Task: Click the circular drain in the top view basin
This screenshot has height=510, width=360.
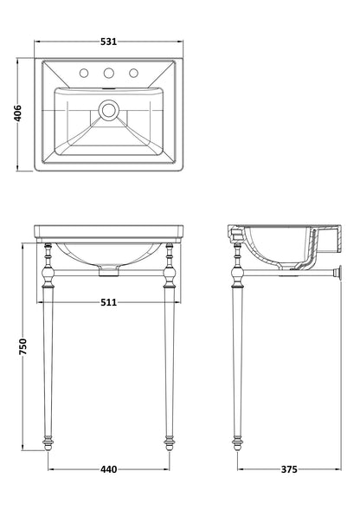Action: [107, 110]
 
